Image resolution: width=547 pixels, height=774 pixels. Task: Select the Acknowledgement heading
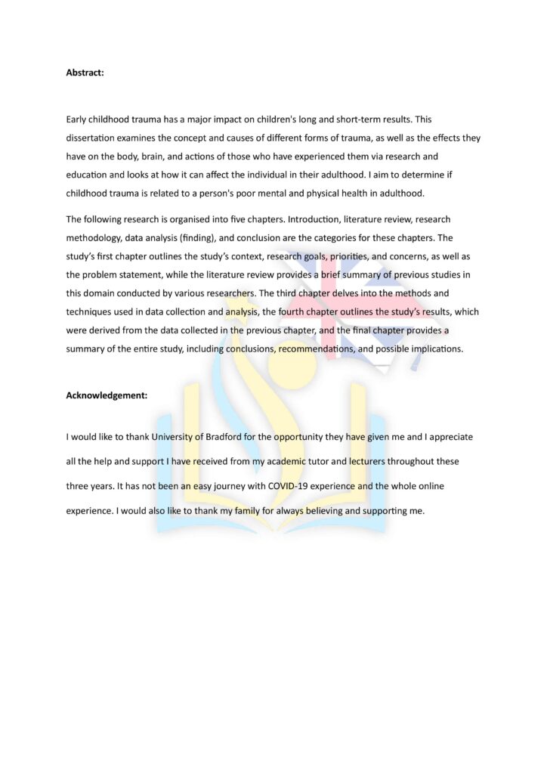(x=107, y=395)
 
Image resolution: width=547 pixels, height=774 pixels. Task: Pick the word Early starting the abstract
(x=77, y=119)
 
